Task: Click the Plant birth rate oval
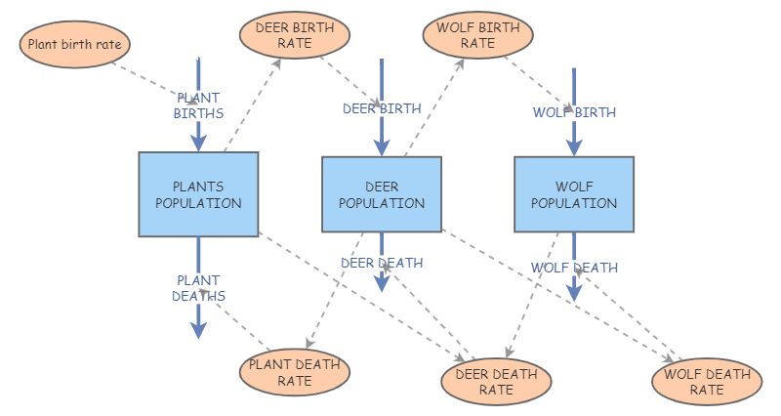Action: [x=75, y=44]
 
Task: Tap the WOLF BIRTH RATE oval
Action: [x=478, y=34]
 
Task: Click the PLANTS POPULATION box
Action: [x=198, y=194]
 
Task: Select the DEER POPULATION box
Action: [x=382, y=194]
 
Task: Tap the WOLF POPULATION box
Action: [x=573, y=194]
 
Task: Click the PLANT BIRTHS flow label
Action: [x=198, y=105]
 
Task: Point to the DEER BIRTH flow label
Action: [x=382, y=109]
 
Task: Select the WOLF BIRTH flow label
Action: [x=574, y=112]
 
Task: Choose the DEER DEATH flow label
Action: [x=382, y=263]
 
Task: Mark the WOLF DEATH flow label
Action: [x=574, y=268]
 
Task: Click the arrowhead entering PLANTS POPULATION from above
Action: [x=198, y=142]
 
